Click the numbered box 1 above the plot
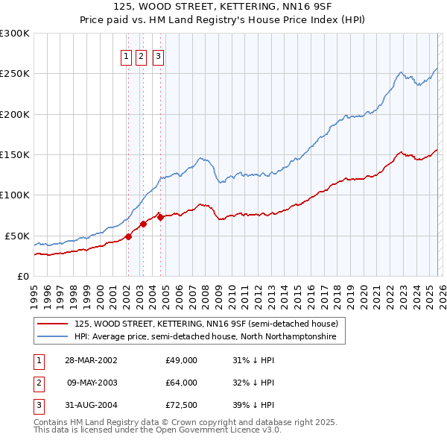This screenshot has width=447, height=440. [125, 54]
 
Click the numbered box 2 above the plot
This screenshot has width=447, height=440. [141, 54]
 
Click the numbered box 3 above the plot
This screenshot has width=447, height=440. [159, 54]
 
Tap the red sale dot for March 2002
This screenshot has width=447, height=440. [128, 236]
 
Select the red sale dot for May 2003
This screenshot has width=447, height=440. [143, 224]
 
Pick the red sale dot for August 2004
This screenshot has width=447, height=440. [161, 218]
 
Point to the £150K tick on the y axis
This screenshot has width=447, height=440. [14, 155]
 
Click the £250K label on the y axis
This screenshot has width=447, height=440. [14, 74]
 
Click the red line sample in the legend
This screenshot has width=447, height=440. [51, 324]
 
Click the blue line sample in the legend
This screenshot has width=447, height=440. [51, 337]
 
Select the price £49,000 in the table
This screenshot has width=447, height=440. [181, 360]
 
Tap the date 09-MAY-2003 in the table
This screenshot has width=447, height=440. [92, 383]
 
